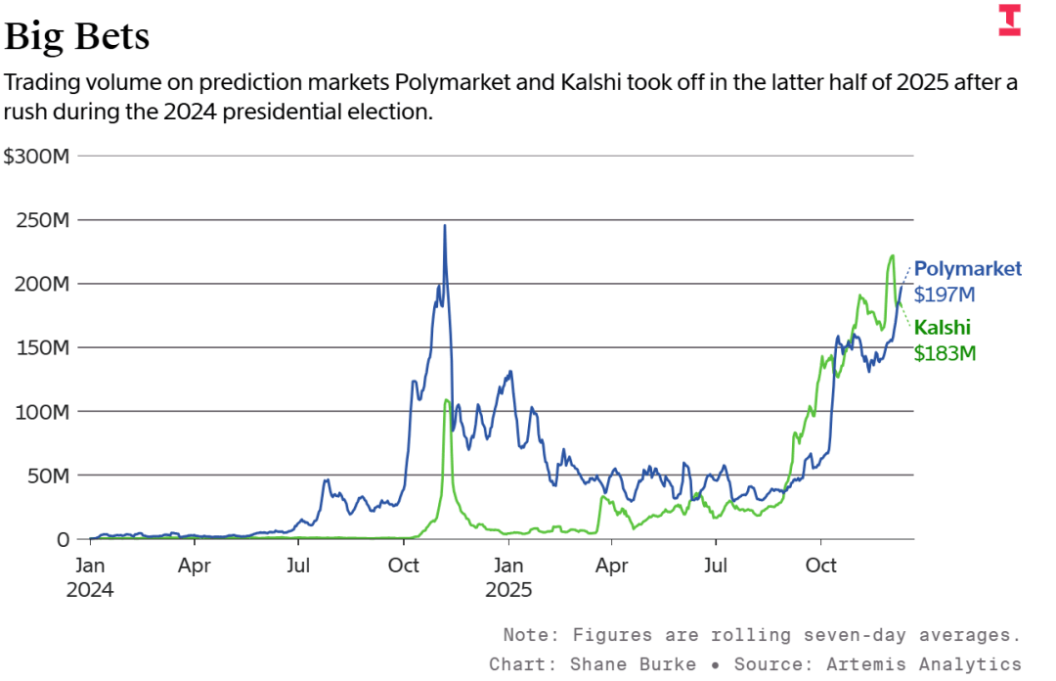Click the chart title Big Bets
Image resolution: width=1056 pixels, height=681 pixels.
click(x=77, y=36)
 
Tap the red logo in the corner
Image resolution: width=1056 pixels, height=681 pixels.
click(x=1009, y=21)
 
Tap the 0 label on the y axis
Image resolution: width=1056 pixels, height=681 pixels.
click(x=64, y=539)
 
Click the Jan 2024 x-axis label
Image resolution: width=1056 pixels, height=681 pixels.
click(x=91, y=577)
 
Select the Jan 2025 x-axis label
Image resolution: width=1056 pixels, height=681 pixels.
click(x=508, y=577)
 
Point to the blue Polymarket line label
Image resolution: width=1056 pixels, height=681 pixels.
click(x=967, y=269)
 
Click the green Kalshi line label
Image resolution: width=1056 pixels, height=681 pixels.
click(x=942, y=328)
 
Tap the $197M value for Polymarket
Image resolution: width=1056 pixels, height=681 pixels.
click(x=945, y=294)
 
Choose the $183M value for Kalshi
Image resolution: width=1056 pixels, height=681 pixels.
click(x=945, y=353)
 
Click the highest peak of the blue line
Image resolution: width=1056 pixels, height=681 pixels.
click(x=445, y=226)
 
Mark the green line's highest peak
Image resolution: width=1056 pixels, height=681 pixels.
click(x=892, y=256)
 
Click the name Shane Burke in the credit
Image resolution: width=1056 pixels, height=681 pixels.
click(x=635, y=664)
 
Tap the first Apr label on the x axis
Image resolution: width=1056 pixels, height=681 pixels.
click(x=195, y=566)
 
